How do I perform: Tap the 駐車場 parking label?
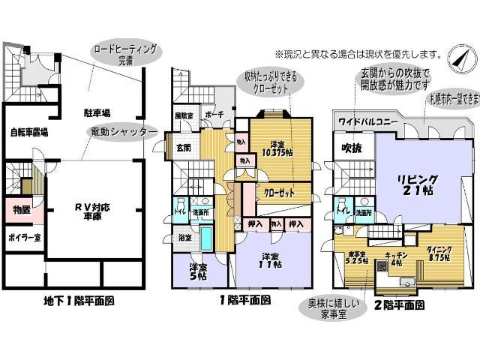97,113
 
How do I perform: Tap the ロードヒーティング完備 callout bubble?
125,54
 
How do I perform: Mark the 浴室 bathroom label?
184,238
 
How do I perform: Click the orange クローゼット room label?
277,191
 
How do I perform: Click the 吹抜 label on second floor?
352,148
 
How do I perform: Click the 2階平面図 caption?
393,305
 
